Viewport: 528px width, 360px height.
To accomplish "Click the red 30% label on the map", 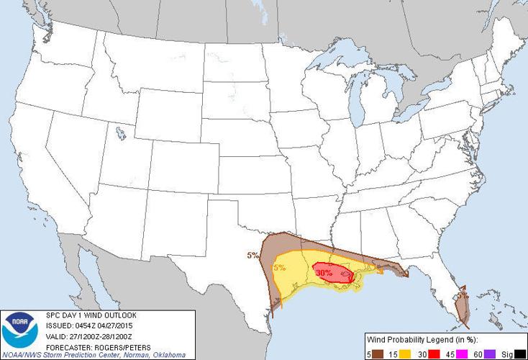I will pos(323,273).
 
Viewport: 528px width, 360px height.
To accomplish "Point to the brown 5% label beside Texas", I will pos(252,255).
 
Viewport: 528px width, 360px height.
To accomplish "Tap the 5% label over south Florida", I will pos(463,295).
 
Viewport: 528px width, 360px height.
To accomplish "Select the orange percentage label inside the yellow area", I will pos(279,268).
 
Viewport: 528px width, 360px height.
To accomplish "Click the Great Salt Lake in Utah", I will pos(118,133).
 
